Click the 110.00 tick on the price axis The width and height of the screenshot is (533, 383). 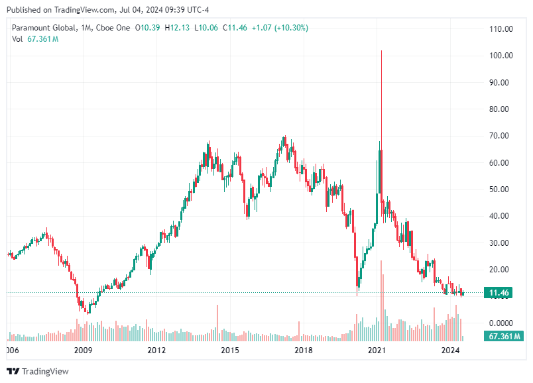tap(501, 29)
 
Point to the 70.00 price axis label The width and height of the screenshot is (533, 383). tap(501, 136)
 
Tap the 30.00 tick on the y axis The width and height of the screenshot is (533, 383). tap(501, 243)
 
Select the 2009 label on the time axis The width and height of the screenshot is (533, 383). tap(82, 350)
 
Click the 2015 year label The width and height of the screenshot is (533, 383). tap(229, 350)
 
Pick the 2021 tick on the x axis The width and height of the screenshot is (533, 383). tap(377, 350)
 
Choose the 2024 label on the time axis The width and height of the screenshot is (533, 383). tap(450, 350)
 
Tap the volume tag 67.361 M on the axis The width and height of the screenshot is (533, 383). tap(503, 337)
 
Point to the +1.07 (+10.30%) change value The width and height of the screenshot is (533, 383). tap(281, 28)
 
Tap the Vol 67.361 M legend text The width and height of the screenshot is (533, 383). tap(35, 39)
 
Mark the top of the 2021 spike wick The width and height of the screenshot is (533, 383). tap(381, 51)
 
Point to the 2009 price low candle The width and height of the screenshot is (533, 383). tap(89, 311)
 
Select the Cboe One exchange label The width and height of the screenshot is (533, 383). tap(112, 28)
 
